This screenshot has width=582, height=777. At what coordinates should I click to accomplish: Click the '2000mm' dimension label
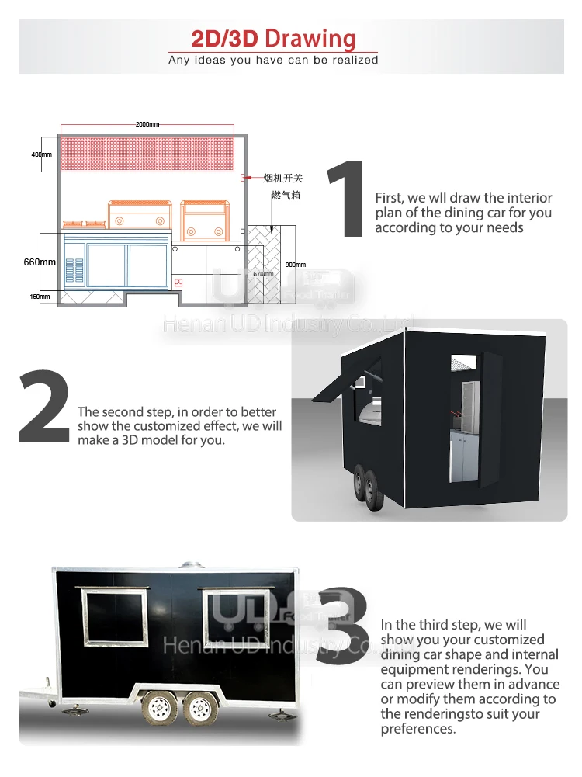coord(147,124)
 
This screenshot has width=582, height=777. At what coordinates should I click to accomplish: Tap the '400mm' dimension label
coord(41,155)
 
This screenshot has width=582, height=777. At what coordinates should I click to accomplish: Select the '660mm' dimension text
coord(40,262)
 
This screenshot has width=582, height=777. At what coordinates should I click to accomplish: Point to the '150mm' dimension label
coord(40,297)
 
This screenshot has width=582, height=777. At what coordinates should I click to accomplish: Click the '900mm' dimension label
coord(296,265)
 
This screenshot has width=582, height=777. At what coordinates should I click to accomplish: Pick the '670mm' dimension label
coord(263,274)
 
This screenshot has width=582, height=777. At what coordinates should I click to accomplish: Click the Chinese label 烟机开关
coord(282,179)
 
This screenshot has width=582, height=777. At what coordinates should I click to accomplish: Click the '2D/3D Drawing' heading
coord(273,38)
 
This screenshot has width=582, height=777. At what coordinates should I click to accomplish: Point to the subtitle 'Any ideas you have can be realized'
coord(273,60)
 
